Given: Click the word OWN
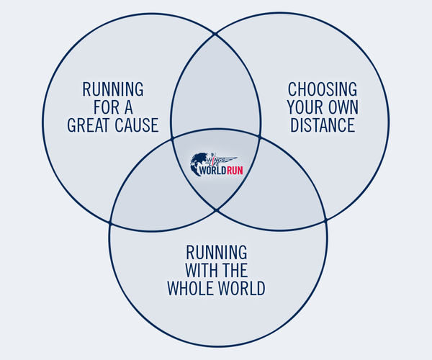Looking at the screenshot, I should pyautogui.click(x=341, y=108).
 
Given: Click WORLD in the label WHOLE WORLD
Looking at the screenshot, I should pyautogui.click(x=241, y=289).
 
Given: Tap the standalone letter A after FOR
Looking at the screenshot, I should pyautogui.click(x=130, y=108).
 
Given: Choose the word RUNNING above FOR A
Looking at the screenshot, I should pyautogui.click(x=112, y=90).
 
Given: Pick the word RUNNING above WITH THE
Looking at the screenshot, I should pyautogui.click(x=217, y=253).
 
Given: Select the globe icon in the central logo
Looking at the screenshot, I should pyautogui.click(x=197, y=164).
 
